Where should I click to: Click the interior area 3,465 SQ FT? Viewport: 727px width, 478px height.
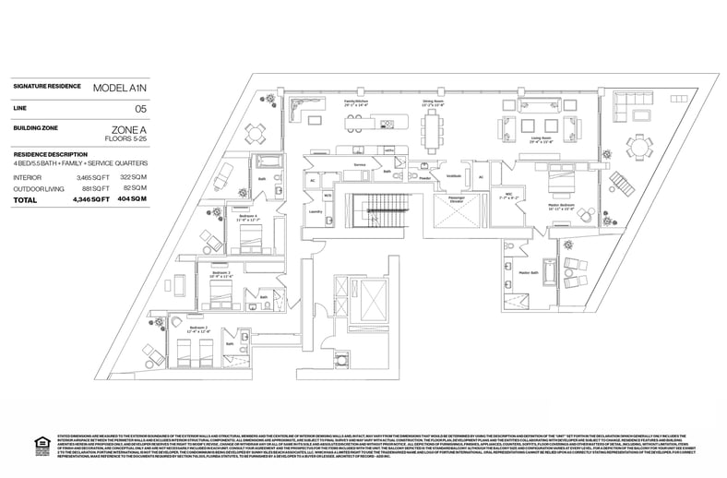tap(93, 176)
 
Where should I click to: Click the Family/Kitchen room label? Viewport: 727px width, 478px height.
tap(356, 102)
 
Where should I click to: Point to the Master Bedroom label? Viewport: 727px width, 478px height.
tap(561, 204)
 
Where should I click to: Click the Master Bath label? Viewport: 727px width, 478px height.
tap(528, 272)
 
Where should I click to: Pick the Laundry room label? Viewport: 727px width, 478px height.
tap(314, 211)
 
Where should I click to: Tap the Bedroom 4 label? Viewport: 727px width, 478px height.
tap(246, 216)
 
